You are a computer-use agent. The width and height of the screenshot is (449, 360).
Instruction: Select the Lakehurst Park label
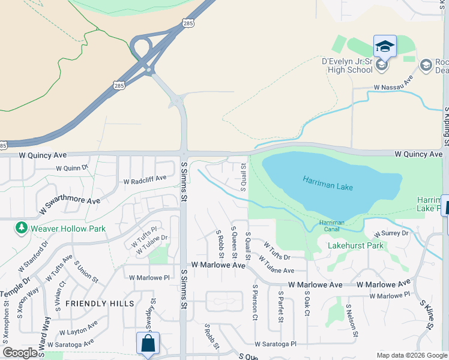(x=355, y=245)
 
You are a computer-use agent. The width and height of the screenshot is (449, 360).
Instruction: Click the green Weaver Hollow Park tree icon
(x=22, y=228)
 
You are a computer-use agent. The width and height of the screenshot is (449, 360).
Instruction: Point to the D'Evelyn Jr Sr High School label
(x=348, y=65)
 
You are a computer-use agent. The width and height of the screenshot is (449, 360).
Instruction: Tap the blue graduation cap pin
(x=385, y=46)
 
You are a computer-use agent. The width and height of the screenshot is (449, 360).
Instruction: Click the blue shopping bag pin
(x=148, y=344)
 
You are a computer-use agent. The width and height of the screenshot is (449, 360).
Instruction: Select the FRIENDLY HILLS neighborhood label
(x=100, y=304)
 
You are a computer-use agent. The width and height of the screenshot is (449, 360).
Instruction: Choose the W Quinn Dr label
(x=71, y=169)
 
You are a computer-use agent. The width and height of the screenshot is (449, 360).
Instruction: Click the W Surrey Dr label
(x=391, y=233)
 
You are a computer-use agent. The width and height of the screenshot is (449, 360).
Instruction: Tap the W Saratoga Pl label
(x=276, y=344)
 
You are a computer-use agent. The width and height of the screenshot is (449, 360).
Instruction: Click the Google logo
(x=21, y=353)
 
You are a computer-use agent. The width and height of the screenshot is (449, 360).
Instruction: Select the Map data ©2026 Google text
(x=411, y=355)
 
